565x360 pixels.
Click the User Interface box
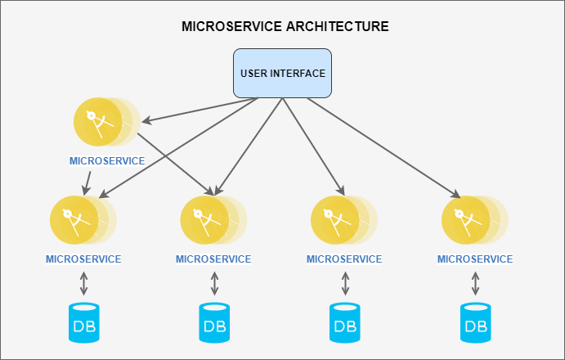[282, 73]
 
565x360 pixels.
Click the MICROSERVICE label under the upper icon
[107, 161]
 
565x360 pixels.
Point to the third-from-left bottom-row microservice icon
[336, 220]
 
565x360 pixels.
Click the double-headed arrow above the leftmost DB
[83, 284]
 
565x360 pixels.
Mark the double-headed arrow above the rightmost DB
[476, 284]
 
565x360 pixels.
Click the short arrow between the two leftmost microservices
[87, 182]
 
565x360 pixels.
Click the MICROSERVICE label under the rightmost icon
[475, 259]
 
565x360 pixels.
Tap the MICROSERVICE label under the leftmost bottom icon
[83, 259]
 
